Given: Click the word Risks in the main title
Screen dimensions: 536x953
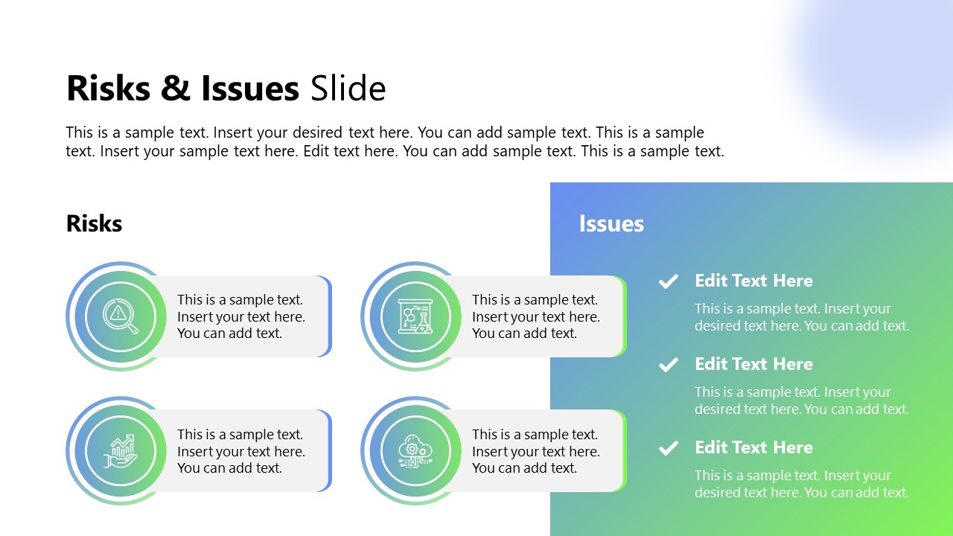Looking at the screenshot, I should pyautogui.click(x=108, y=89).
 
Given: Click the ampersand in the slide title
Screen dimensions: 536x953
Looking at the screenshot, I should pyautogui.click(x=175, y=89).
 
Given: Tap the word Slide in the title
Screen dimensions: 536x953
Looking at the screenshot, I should pyautogui.click(x=348, y=89).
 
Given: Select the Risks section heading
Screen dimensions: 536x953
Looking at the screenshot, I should pyautogui.click(x=94, y=223).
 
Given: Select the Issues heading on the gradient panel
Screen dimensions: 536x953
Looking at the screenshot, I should pyautogui.click(x=611, y=223).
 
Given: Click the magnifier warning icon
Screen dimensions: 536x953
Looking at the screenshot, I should pyautogui.click(x=121, y=316).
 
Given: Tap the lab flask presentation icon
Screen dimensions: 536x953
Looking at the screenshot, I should pyautogui.click(x=415, y=316).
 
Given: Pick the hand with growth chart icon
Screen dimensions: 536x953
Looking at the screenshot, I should pyautogui.click(x=121, y=451).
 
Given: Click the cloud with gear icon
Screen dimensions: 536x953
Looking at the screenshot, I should pyautogui.click(x=415, y=451).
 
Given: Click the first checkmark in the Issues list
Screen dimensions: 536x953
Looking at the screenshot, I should pyautogui.click(x=669, y=281).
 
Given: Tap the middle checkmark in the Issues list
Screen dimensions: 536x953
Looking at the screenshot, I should pyautogui.click(x=669, y=365).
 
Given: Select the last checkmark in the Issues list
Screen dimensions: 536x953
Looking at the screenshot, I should pyautogui.click(x=669, y=448).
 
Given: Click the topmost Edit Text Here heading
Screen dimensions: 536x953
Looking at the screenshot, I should pyautogui.click(x=753, y=281).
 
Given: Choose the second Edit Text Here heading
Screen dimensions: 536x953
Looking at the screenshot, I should pyautogui.click(x=753, y=364).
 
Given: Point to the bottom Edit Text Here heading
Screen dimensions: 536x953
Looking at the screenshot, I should pyautogui.click(x=753, y=447).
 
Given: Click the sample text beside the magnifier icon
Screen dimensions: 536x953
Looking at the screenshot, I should pyautogui.click(x=240, y=316).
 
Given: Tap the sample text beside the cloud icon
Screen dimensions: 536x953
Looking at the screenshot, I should pyautogui.click(x=535, y=451).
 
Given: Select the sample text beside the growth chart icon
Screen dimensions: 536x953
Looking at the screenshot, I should pyautogui.click(x=240, y=451).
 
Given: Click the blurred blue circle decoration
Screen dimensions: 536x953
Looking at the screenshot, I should pyautogui.click(x=879, y=67).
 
